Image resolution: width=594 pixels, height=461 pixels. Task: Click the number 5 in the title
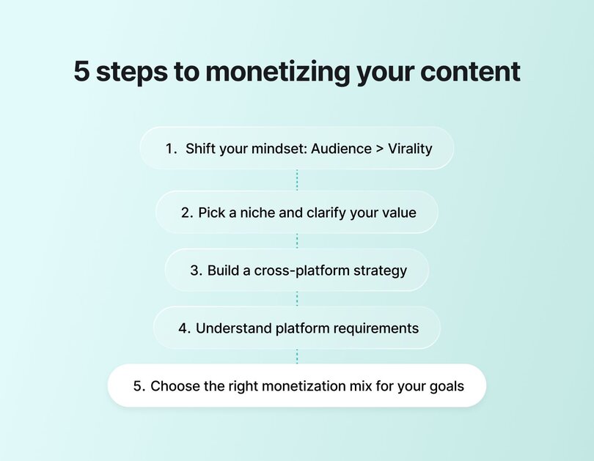coord(81,73)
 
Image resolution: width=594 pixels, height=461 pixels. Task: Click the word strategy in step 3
coord(378,270)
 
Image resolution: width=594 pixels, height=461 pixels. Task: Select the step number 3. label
coord(196,270)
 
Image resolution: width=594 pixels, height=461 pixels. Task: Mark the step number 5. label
coord(139,386)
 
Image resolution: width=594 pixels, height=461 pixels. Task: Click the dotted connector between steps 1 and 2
coord(297,180)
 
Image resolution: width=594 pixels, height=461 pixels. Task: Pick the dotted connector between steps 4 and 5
coord(297,356)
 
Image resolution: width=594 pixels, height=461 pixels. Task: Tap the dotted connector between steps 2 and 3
coord(297,241)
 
